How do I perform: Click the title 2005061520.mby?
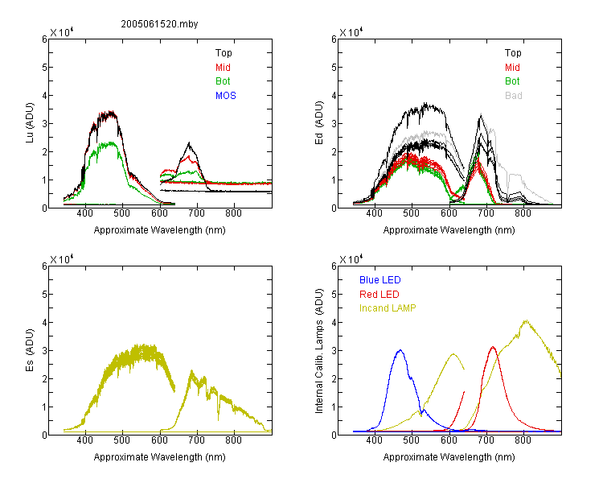pos(159,24)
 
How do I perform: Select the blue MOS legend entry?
pos(226,96)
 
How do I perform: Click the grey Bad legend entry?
pos(514,96)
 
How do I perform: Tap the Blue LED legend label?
pos(380,280)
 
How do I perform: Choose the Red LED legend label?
pos(379,295)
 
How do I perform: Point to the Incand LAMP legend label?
pos(388,308)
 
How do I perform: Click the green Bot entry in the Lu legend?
pos(223,81)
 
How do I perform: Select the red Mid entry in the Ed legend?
pos(512,68)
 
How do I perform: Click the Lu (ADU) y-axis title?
pos(30,122)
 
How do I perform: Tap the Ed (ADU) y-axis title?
pos(319,123)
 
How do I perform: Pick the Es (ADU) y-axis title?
pos(30,349)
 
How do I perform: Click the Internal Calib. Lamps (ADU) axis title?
pos(319,351)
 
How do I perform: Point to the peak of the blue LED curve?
pos(400,350)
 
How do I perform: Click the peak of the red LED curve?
pos(493,347)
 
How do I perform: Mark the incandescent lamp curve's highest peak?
pos(526,320)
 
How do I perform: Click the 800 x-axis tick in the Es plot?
pos(233,440)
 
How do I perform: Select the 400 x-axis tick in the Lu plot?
pos(85,213)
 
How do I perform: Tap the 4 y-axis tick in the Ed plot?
pos(334,95)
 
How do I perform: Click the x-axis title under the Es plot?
pos(160,457)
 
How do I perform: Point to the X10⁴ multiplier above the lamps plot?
pos(351,259)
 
